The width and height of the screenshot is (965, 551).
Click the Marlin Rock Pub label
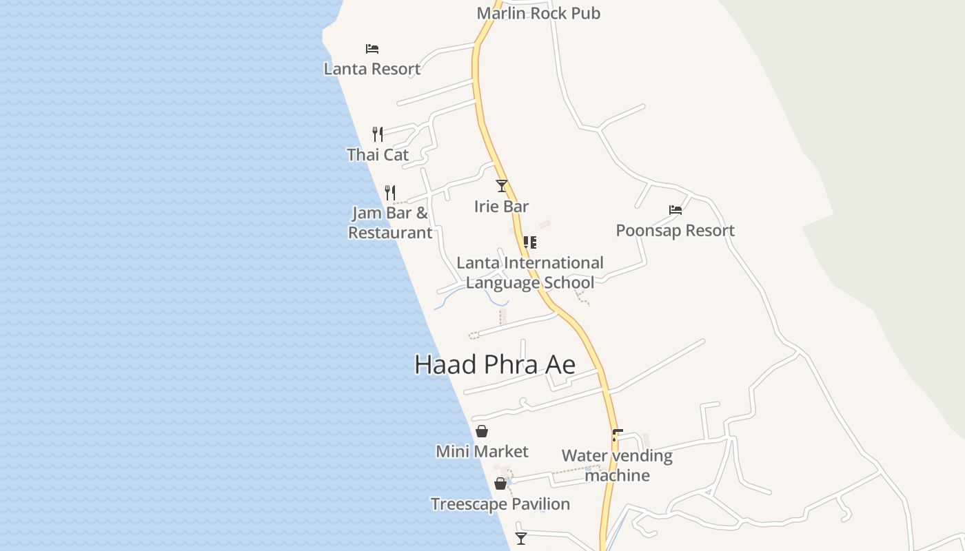[x=538, y=13]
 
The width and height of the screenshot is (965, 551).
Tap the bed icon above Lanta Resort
[x=372, y=49]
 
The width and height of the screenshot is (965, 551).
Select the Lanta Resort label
[x=372, y=69]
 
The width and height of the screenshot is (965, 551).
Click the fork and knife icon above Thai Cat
[x=378, y=134]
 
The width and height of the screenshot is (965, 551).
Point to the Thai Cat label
[x=378, y=154]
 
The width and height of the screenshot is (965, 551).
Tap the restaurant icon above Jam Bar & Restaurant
[x=390, y=192]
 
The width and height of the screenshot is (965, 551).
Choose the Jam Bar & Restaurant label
[x=390, y=222]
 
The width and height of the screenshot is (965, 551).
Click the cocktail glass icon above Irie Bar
[x=502, y=186]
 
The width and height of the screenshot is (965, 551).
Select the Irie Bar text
[x=502, y=206]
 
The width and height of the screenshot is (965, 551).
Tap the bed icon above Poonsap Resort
[x=675, y=210]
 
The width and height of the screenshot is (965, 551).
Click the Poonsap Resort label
[x=675, y=230]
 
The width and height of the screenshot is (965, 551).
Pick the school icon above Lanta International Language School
[x=529, y=242]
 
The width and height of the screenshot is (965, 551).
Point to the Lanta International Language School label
[x=529, y=273]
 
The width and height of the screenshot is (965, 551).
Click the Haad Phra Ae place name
[x=495, y=364]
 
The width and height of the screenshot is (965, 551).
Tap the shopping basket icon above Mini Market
[x=482, y=432]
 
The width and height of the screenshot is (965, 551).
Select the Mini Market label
[x=482, y=452]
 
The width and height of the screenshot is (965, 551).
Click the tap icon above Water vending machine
[x=617, y=435]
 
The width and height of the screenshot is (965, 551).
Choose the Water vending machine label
[x=617, y=466]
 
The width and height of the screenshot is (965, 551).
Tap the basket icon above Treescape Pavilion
[x=500, y=484]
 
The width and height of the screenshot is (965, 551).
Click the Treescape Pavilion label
[x=500, y=504]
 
